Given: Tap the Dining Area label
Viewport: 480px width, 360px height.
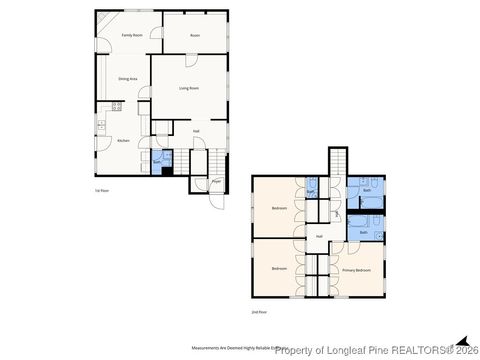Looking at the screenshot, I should (x=128, y=78).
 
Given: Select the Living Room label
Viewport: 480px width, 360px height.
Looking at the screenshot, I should (x=190, y=88).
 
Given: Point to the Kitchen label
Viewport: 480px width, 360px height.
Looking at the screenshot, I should (x=123, y=141).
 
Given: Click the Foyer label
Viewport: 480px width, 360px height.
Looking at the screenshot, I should (x=216, y=182).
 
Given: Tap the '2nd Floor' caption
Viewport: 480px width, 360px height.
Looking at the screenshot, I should (x=259, y=312).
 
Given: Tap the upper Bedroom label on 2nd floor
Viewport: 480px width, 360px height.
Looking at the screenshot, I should (x=279, y=208).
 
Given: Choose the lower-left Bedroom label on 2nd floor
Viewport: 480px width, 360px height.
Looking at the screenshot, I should (x=279, y=269).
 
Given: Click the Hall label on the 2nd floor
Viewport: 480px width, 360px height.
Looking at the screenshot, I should (x=319, y=236).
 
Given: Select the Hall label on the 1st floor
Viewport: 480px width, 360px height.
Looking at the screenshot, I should (x=196, y=130).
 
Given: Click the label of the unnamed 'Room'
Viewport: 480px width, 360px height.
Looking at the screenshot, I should (x=195, y=35).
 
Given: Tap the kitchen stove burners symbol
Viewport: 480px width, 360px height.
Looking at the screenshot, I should (x=117, y=105).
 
